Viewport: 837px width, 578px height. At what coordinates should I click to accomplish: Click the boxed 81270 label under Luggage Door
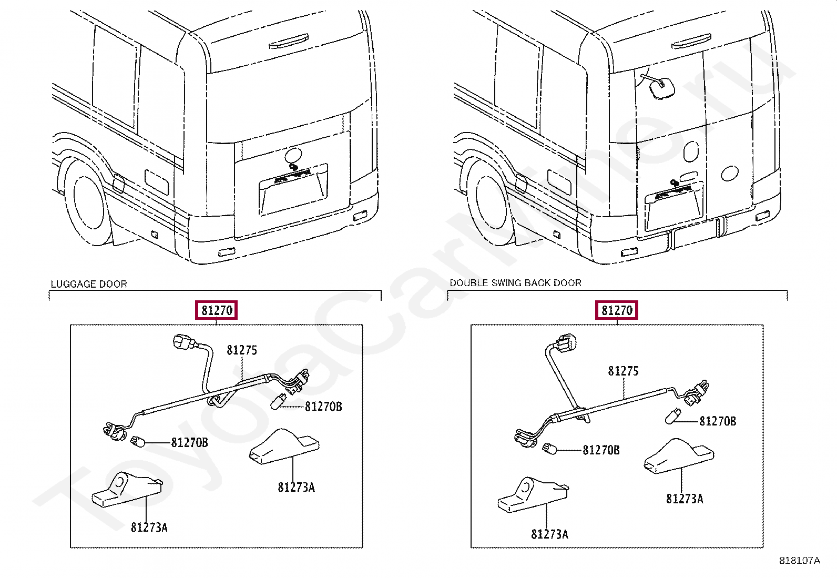tap(217, 310)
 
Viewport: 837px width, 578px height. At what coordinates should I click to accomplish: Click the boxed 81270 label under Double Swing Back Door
tap(617, 310)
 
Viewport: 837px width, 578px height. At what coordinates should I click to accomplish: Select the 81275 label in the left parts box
tap(242, 350)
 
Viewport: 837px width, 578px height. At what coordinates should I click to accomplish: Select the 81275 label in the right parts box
tap(623, 371)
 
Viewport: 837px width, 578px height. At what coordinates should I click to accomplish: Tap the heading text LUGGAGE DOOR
tap(89, 284)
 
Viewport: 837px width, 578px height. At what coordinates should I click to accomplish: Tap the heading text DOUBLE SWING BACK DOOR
tap(515, 283)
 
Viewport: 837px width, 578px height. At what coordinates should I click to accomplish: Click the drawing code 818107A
tap(799, 561)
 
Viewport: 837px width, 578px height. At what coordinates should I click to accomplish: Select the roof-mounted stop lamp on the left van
tap(289, 41)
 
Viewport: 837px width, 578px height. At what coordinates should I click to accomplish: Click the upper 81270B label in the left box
tap(323, 407)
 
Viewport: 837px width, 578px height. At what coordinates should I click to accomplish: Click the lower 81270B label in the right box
tap(601, 450)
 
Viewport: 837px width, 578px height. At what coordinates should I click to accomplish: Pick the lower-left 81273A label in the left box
tap(149, 527)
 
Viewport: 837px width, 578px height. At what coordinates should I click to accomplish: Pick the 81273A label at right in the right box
tap(684, 499)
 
